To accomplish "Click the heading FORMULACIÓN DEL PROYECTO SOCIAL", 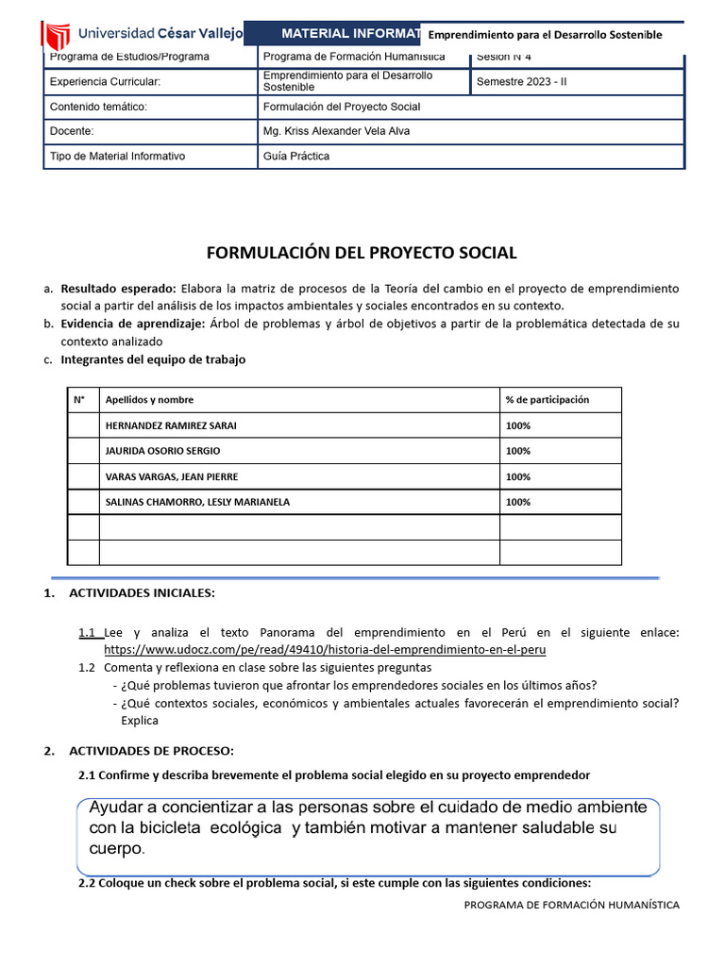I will [x=362, y=253].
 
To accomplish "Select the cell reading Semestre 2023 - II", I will [x=522, y=81].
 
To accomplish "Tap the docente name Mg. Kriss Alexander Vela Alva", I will [x=336, y=131].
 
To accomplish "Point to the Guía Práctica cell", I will [x=296, y=156].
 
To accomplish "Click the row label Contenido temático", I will [x=98, y=107].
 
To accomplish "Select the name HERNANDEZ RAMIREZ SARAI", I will [x=171, y=425].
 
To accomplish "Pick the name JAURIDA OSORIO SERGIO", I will [x=162, y=451].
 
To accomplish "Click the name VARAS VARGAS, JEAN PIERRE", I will [x=171, y=476].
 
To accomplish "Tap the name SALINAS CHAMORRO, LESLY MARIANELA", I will [x=197, y=502].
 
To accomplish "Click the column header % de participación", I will [x=547, y=399].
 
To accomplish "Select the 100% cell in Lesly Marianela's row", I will [x=517, y=502].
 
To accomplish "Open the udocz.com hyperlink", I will [x=325, y=650].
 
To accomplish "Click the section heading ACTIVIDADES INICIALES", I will [x=142, y=592].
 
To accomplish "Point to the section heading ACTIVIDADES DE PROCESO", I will [x=151, y=751].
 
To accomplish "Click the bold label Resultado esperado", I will [x=118, y=289].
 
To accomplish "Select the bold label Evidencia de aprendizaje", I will [x=132, y=324].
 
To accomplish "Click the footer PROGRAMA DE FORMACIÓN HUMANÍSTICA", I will [x=571, y=904].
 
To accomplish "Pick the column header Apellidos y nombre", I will [x=149, y=399].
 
